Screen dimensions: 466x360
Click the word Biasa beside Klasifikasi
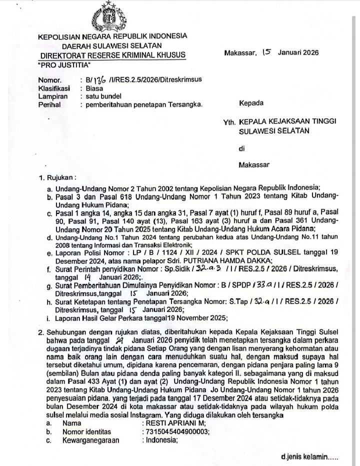(x=94, y=88)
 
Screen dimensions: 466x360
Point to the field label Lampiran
(x=52, y=96)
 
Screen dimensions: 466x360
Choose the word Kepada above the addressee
(x=251, y=104)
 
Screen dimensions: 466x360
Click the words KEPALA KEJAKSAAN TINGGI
(x=287, y=122)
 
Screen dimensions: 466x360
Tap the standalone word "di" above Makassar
(x=242, y=148)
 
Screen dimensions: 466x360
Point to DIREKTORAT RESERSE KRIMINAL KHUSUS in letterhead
(x=112, y=55)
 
